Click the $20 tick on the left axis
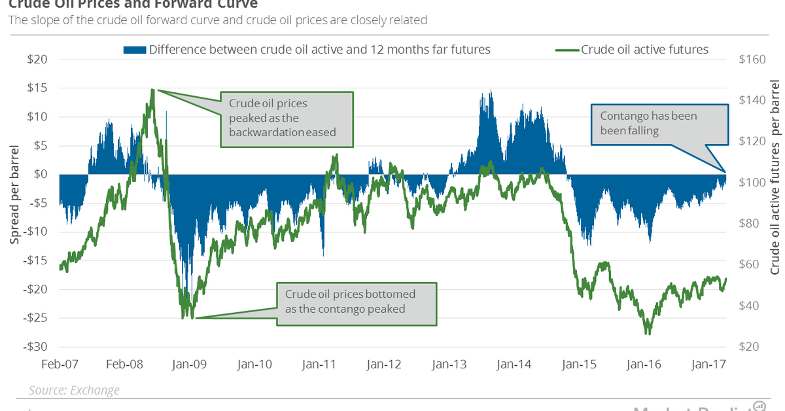click(x=38, y=59)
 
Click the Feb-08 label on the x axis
click(x=126, y=363)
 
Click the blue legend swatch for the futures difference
click(x=134, y=50)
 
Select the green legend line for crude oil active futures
click(x=567, y=50)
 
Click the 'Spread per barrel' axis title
click(x=14, y=203)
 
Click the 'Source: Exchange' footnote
click(x=74, y=391)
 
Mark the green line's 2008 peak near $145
click(x=152, y=90)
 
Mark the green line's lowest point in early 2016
click(x=648, y=332)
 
